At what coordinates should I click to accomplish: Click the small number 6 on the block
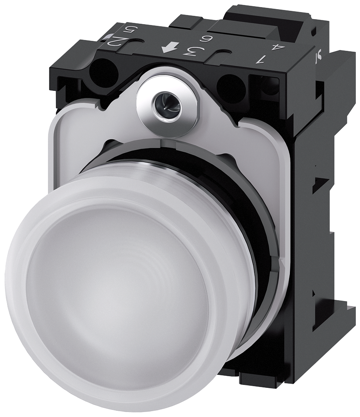(205, 40)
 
